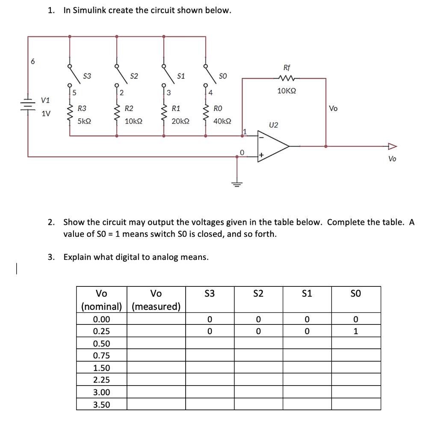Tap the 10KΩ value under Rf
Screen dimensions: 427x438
[287, 91]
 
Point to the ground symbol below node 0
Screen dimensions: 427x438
[238, 183]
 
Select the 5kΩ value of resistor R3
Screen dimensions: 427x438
[84, 121]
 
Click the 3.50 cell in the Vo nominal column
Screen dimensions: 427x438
[101, 404]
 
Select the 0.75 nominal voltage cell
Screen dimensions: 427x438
[101, 356]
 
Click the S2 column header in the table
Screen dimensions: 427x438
[258, 293]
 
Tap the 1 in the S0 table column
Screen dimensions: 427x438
[355, 331]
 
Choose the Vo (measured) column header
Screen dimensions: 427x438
[156, 300]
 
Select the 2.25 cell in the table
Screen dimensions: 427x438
[101, 380]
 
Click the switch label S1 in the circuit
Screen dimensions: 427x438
[181, 76]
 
